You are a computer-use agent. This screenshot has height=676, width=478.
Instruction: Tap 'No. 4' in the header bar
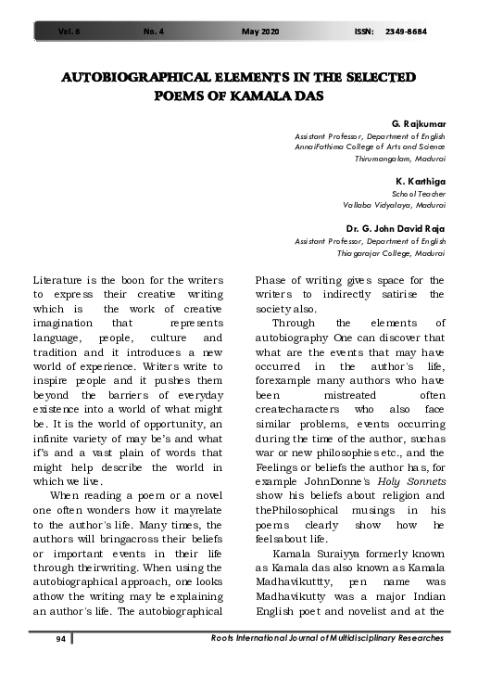[x=155, y=32]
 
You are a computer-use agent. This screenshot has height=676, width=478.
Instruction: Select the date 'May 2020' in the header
[x=260, y=32]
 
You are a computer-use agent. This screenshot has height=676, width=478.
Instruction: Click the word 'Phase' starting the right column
[x=273, y=280]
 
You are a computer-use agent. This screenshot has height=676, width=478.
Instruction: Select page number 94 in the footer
[x=57, y=638]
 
